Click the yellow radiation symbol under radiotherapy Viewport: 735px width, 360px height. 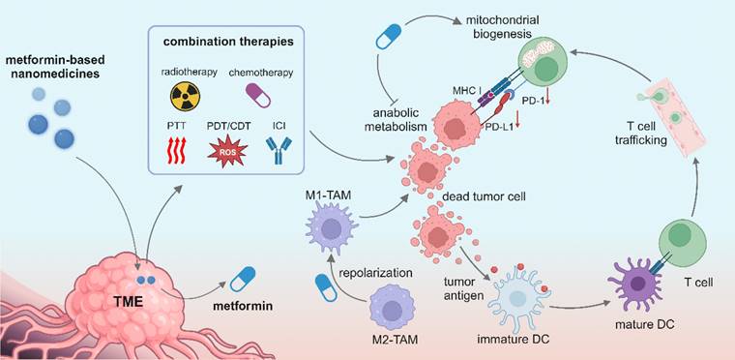click(185, 96)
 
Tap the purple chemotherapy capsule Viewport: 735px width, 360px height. click(258, 95)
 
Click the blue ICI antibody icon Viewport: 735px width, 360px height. click(279, 150)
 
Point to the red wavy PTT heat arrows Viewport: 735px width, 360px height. click(176, 150)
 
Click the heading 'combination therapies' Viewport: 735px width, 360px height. click(228, 42)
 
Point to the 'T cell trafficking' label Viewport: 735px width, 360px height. click(641, 133)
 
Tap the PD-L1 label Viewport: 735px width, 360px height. click(497, 126)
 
